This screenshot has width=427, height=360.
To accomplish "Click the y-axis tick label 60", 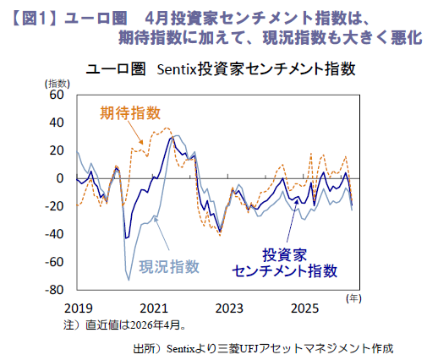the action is [57, 95].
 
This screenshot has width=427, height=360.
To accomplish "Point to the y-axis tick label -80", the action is [54, 290].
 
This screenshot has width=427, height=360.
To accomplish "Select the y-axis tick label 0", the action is [60, 178].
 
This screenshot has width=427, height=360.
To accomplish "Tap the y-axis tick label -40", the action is [54, 234].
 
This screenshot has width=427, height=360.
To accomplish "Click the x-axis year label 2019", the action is [78, 308].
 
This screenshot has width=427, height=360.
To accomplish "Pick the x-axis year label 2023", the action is [229, 308].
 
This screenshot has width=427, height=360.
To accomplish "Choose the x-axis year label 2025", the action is [304, 308].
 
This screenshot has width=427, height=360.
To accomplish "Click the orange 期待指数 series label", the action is [130, 113].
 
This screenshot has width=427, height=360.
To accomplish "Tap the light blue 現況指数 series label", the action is [169, 267].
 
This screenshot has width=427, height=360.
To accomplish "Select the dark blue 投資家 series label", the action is [285, 255].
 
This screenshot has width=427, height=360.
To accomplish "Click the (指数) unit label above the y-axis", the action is [57, 84].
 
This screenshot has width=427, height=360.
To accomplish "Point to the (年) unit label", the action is [353, 298].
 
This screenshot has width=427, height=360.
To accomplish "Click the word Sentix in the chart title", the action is [176, 69].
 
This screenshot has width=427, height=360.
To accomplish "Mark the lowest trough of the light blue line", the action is [129, 280].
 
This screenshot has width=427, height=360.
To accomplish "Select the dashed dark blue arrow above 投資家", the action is [293, 221].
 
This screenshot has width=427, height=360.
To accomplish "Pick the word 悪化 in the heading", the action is [407, 38].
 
